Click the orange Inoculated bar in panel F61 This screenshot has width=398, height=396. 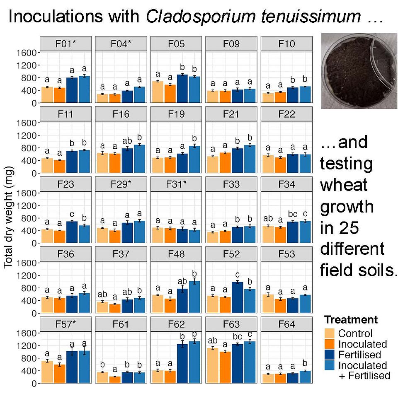114,379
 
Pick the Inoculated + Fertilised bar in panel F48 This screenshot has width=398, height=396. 194,297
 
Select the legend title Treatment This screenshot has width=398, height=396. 351,320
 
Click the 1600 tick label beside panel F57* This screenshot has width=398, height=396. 28,333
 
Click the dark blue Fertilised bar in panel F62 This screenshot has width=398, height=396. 182,363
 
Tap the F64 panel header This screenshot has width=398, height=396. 286,324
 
